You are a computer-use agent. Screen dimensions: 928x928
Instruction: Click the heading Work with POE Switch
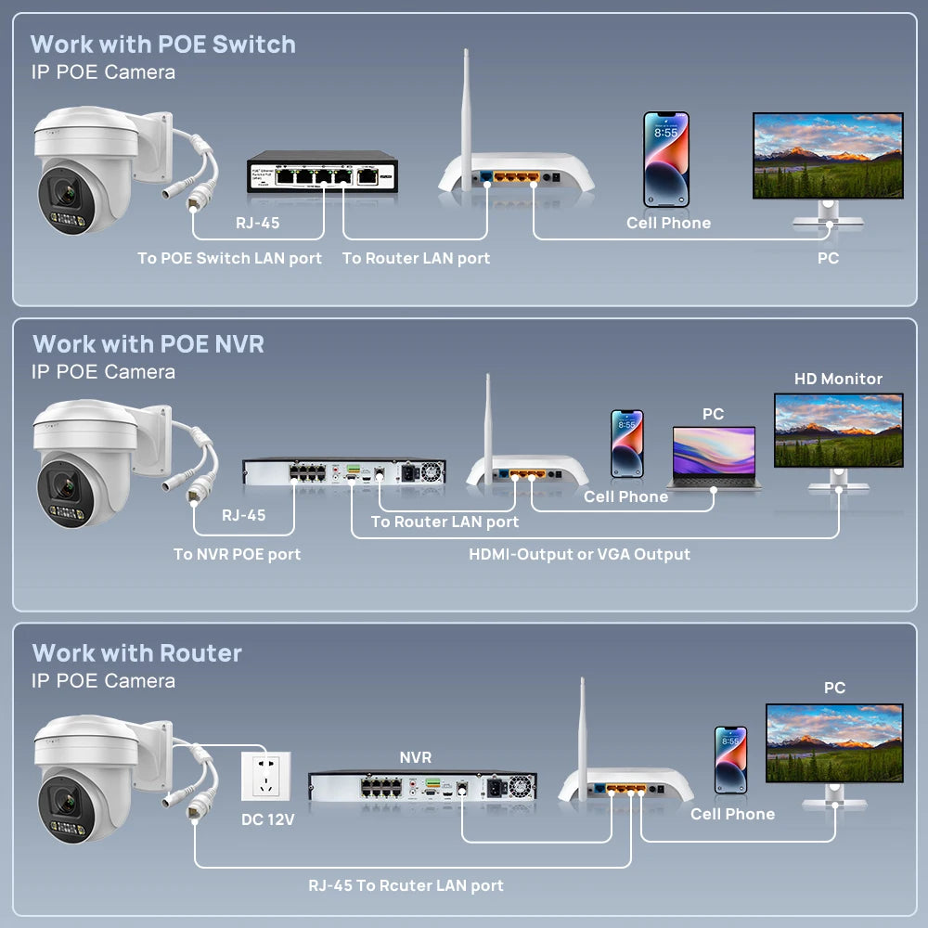162,45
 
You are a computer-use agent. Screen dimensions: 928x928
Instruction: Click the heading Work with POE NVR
148,344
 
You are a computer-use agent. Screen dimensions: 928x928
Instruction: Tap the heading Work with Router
136,653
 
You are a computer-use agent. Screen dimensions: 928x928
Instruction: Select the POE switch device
322,174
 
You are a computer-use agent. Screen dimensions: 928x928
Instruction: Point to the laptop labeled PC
713,457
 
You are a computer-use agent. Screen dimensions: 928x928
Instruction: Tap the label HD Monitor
838,379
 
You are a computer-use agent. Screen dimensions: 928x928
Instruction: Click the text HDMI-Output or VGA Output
579,554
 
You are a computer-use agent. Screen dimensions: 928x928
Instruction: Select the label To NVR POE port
237,554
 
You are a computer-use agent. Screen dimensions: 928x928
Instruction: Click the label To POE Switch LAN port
229,258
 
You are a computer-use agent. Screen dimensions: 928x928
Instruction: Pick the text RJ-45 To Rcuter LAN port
406,885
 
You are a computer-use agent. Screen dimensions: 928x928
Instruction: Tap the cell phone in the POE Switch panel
666,160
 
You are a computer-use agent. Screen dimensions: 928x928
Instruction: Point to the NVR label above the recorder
415,758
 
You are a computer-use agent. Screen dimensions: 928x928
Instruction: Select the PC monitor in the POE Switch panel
827,158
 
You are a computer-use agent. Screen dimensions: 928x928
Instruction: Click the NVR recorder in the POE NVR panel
343,471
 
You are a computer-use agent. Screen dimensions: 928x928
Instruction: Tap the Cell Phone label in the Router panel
732,814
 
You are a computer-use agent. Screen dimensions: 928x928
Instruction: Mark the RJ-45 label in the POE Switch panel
257,223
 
